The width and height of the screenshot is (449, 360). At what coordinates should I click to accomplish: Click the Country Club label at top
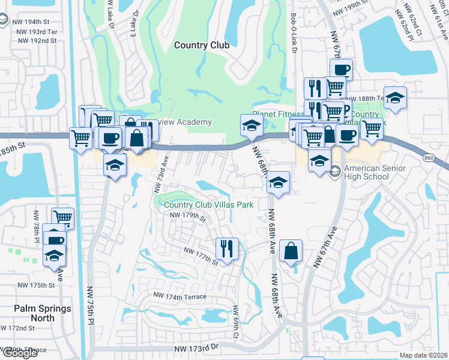198,45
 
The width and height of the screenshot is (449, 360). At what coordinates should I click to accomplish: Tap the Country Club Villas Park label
208,205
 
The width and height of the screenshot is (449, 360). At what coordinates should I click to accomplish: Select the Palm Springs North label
43,313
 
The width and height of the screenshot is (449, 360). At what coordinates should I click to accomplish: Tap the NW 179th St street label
188,217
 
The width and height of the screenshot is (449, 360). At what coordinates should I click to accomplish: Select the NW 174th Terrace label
179,296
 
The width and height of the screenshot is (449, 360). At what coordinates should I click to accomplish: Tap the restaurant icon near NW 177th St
227,248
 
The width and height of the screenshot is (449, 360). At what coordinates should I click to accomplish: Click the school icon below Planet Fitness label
252,125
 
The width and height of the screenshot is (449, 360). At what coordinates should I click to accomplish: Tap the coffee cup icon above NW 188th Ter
341,69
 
